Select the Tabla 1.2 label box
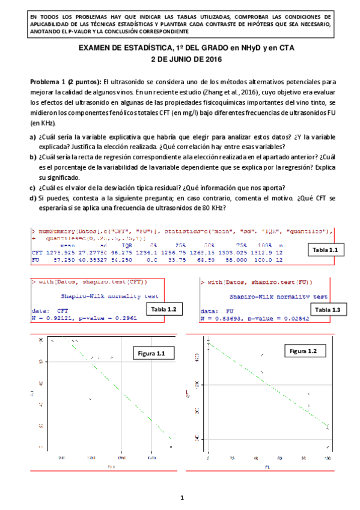pos(163,308)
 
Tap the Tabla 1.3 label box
pos(327,309)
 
